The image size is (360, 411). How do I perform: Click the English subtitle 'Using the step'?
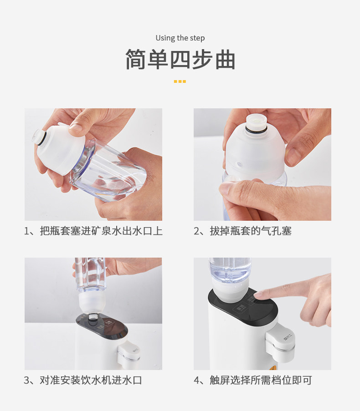(180, 38)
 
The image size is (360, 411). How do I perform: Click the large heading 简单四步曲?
(180, 59)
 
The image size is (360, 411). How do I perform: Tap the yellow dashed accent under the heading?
(180, 81)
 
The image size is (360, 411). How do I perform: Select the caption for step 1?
(93, 231)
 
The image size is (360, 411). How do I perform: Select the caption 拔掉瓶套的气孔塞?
(243, 231)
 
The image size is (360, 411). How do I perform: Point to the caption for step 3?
(83, 380)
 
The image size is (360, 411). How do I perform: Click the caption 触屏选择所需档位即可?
(253, 380)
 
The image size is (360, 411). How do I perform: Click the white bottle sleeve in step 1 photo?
(60, 149)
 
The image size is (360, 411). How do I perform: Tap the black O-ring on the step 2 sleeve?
(256, 129)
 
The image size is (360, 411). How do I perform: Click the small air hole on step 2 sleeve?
(239, 164)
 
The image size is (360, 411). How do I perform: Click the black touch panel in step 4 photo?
(243, 307)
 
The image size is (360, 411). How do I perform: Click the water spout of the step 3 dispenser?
(129, 354)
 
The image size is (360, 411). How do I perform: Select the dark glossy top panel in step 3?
(102, 327)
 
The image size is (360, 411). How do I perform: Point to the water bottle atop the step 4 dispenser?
(230, 270)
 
